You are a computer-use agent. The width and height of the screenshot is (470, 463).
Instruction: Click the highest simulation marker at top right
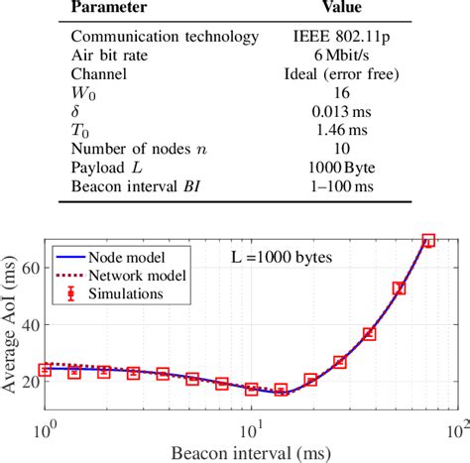click(428, 241)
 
